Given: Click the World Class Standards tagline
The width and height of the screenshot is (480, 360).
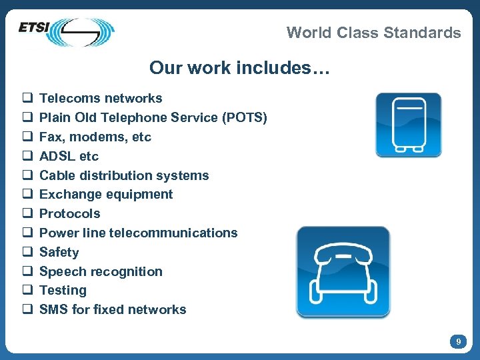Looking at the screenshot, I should point(373,33).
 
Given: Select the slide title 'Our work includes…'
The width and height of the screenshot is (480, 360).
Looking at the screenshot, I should point(239,68).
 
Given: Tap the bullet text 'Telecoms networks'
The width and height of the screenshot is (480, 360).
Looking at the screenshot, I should point(101,99).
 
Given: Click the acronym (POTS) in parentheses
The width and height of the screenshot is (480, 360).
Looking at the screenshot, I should point(246,118).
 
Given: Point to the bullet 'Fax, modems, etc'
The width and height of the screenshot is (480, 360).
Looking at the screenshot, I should point(95,137).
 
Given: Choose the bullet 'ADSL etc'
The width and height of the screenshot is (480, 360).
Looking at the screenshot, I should point(69,157).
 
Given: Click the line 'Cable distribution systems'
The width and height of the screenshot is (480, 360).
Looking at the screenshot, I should point(124,176).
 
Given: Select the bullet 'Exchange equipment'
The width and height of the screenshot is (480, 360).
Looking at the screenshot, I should point(106,195).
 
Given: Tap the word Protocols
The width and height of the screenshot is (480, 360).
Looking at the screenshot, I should point(70,214).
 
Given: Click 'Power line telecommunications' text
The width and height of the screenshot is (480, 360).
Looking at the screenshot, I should point(138,233).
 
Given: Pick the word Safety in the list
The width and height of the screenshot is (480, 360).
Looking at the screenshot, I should point(59,253).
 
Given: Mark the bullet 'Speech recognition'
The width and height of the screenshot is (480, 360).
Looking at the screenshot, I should point(101,272).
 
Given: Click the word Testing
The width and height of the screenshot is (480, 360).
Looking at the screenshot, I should point(63,291).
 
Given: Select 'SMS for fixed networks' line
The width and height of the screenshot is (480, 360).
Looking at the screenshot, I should point(113,310).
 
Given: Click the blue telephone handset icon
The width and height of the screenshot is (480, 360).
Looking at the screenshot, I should point(343,272).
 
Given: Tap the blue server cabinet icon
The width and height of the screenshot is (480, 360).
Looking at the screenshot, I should point(408,125).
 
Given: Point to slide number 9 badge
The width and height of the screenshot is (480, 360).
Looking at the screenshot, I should point(457,341).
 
